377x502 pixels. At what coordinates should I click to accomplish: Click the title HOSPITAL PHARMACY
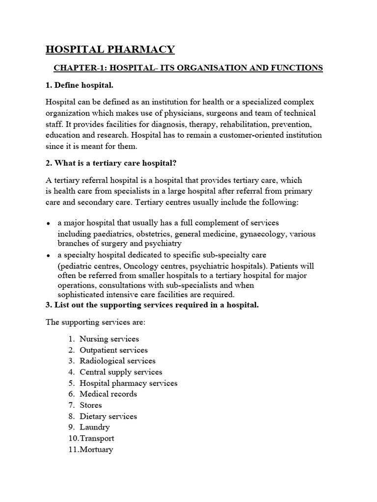[x=110, y=49]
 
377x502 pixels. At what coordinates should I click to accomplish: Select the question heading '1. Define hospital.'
[x=80, y=85]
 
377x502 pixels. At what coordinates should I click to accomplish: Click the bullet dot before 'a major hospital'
[x=48, y=224]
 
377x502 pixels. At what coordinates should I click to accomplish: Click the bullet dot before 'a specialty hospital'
[x=48, y=256]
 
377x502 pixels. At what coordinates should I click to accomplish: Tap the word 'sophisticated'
[x=81, y=295]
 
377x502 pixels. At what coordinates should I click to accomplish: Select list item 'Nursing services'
[x=109, y=339]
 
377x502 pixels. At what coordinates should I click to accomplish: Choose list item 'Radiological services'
[x=117, y=361]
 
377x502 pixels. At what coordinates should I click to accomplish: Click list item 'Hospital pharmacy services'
[x=128, y=383]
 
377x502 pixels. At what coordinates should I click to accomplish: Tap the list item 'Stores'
[x=91, y=405]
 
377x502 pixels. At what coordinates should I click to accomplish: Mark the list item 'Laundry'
[x=95, y=427]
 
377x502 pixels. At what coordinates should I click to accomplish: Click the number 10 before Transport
[x=74, y=438]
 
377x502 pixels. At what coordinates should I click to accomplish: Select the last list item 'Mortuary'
[x=96, y=449]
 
